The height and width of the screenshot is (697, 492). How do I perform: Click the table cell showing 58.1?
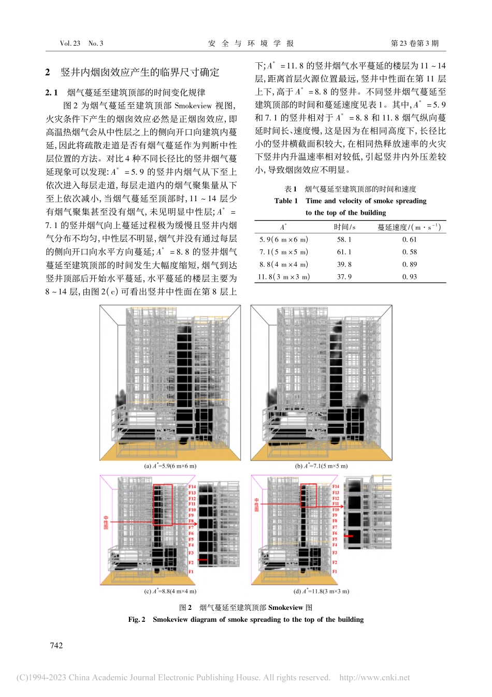(344, 240)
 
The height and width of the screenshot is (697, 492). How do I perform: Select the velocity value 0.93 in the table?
(409, 277)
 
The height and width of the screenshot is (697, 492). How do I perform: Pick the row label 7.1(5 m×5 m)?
(284, 252)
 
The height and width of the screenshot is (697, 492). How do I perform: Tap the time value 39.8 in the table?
(344, 264)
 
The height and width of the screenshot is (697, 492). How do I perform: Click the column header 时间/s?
(344, 227)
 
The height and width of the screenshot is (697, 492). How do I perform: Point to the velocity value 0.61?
(409, 240)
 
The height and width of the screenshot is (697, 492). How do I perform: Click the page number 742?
(56, 645)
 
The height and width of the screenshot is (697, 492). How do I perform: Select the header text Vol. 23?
(70, 44)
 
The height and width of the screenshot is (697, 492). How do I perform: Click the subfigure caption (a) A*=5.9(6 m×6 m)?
(170, 466)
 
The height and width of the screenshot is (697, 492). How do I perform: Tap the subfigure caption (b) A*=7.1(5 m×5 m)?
(321, 466)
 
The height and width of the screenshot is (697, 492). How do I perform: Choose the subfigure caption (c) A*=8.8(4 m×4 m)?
(170, 591)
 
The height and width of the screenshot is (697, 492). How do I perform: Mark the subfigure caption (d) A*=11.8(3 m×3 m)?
(321, 591)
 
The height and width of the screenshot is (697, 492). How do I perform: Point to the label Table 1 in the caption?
(286, 201)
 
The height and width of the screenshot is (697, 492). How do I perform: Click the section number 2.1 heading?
(52, 92)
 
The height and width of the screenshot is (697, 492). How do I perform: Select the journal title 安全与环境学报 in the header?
(251, 44)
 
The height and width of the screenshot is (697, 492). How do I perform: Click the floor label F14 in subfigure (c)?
(192, 487)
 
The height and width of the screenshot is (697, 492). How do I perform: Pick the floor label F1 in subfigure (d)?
(335, 571)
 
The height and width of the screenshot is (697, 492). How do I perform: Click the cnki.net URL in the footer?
(374, 677)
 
